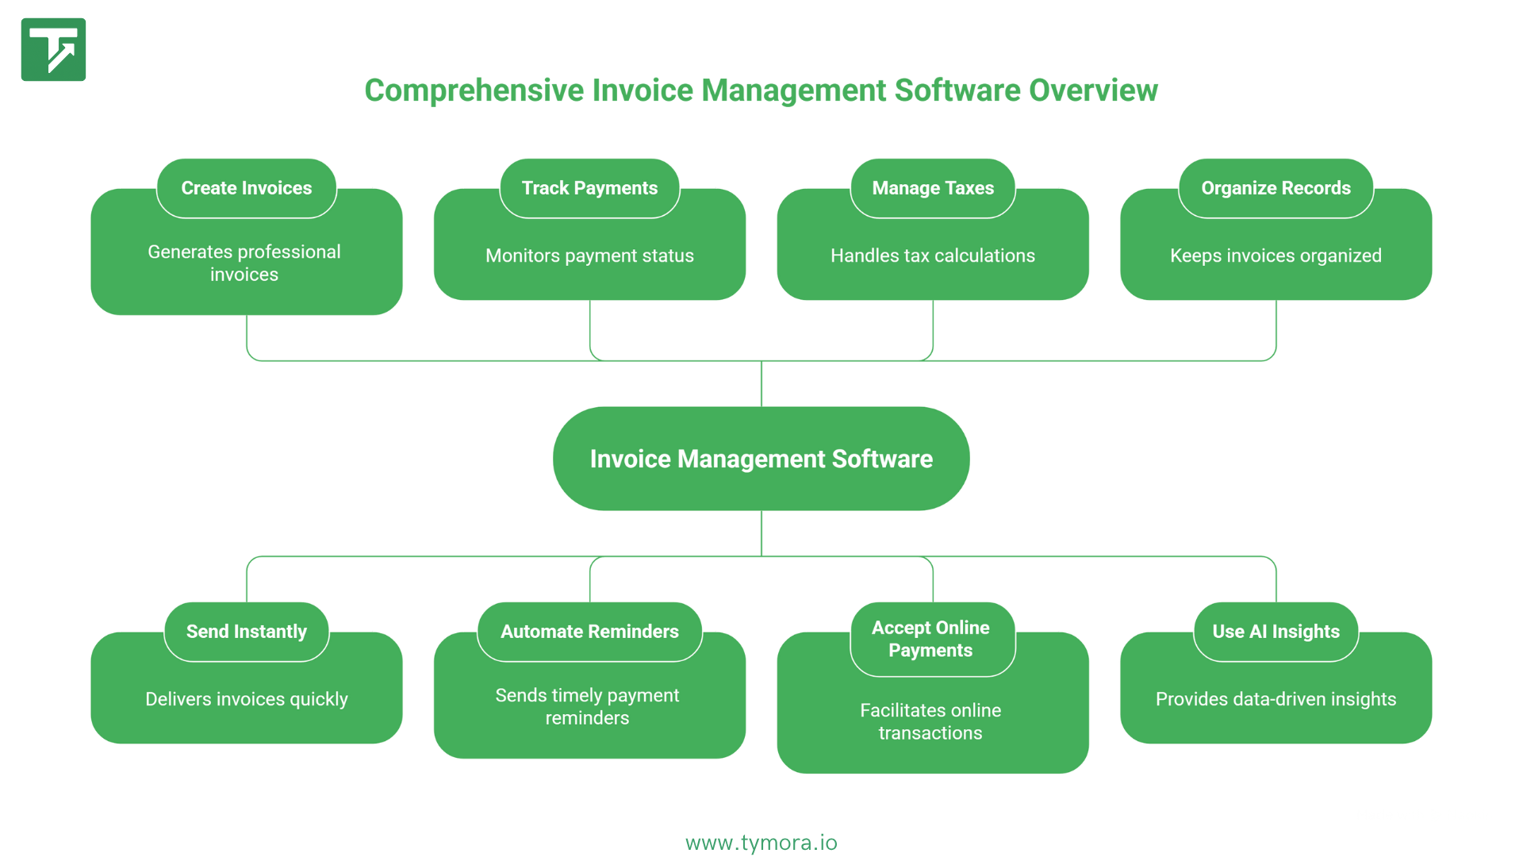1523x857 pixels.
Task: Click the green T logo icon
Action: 53,49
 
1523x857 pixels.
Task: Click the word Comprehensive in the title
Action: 474,90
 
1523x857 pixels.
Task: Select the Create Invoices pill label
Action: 246,188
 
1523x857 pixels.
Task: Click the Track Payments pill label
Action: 589,188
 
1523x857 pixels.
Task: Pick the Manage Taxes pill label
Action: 933,188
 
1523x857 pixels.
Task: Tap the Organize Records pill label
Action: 1276,188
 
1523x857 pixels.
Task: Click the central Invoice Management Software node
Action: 761,459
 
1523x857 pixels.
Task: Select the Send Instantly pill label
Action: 246,632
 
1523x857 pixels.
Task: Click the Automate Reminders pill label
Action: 589,632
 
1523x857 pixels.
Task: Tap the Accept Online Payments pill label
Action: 930,639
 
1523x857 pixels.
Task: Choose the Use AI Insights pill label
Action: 1276,632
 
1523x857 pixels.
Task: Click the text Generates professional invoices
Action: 244,263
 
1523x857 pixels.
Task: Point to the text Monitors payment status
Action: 589,256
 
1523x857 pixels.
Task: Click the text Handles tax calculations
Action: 933,256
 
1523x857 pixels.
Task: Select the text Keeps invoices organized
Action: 1276,256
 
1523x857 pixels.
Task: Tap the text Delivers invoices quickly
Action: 246,699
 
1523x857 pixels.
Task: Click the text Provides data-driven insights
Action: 1276,699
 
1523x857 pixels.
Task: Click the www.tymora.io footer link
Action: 761,843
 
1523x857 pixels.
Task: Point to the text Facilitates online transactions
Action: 930,721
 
